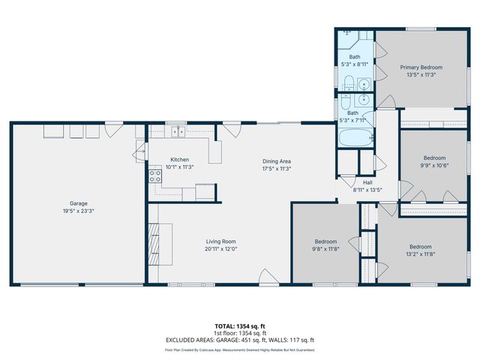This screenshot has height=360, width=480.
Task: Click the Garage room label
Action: (78, 203)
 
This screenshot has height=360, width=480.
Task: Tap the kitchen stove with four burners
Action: (155, 176)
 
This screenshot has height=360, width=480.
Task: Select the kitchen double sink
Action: (177, 132)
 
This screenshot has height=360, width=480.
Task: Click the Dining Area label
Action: (276, 161)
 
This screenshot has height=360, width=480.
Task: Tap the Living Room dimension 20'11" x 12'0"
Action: (221, 249)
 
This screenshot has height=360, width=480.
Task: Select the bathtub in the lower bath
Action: (354, 139)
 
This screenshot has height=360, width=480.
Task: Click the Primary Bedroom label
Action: (420, 67)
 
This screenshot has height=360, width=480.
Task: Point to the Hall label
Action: (367, 182)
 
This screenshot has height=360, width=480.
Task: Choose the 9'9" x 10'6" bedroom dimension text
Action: (434, 166)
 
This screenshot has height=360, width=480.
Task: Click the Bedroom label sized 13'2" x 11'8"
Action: (420, 247)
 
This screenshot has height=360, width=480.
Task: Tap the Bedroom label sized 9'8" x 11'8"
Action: (325, 242)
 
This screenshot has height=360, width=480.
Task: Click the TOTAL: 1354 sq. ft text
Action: (240, 326)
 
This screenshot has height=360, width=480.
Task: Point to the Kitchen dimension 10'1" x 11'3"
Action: (179, 166)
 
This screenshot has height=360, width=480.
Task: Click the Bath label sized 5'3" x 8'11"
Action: (354, 57)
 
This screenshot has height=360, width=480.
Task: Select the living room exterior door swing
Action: (265, 276)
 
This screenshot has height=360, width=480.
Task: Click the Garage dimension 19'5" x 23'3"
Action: (78, 211)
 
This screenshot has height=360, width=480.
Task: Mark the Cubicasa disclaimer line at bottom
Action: (240, 349)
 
